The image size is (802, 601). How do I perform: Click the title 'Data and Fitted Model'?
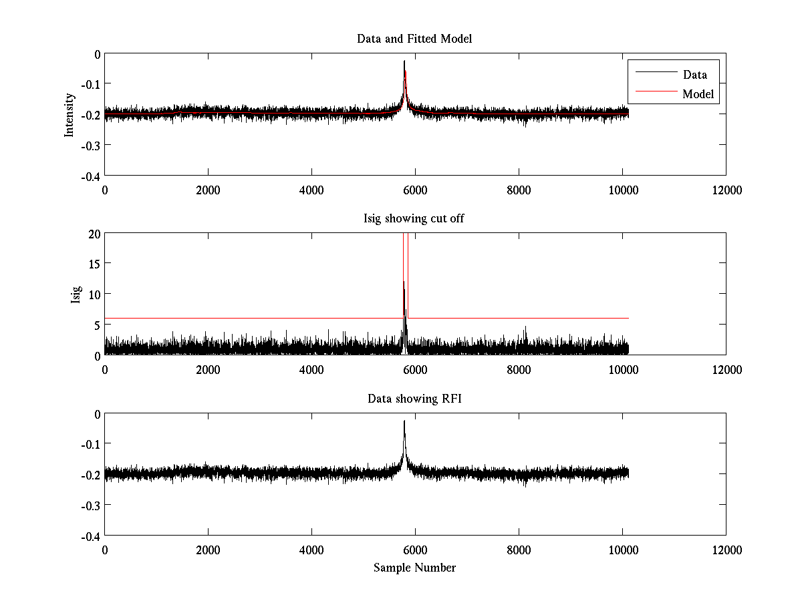coord(414,39)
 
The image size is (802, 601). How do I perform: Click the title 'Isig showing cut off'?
coord(414,219)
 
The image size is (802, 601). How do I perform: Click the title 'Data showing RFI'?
coord(414,399)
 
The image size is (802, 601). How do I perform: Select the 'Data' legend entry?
coord(694,74)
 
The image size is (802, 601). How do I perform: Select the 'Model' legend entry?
coord(698,94)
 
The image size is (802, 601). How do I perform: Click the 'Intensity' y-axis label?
coord(69,115)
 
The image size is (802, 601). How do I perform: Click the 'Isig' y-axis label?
coord(76,294)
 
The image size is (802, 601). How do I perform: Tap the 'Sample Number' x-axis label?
coord(414,568)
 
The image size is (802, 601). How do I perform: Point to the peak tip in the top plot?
coord(404,61)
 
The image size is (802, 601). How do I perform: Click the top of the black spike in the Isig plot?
coord(404,282)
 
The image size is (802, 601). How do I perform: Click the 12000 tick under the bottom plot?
coord(726,550)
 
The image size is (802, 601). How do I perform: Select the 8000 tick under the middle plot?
coord(519,370)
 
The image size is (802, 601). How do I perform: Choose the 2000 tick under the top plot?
coord(208,190)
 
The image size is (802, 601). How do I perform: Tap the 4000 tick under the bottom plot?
coord(311,550)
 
